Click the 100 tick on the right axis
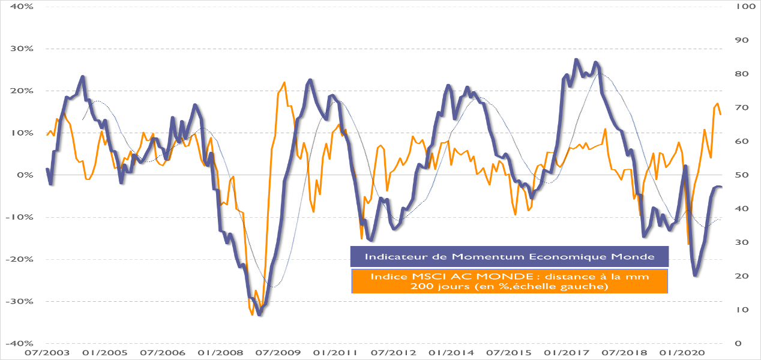click(741, 7)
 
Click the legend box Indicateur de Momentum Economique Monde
click(509, 257)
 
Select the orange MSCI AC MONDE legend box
click(509, 281)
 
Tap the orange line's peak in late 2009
click(284, 83)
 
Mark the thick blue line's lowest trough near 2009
click(260, 314)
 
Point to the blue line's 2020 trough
click(695, 275)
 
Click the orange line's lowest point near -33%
click(253, 314)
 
